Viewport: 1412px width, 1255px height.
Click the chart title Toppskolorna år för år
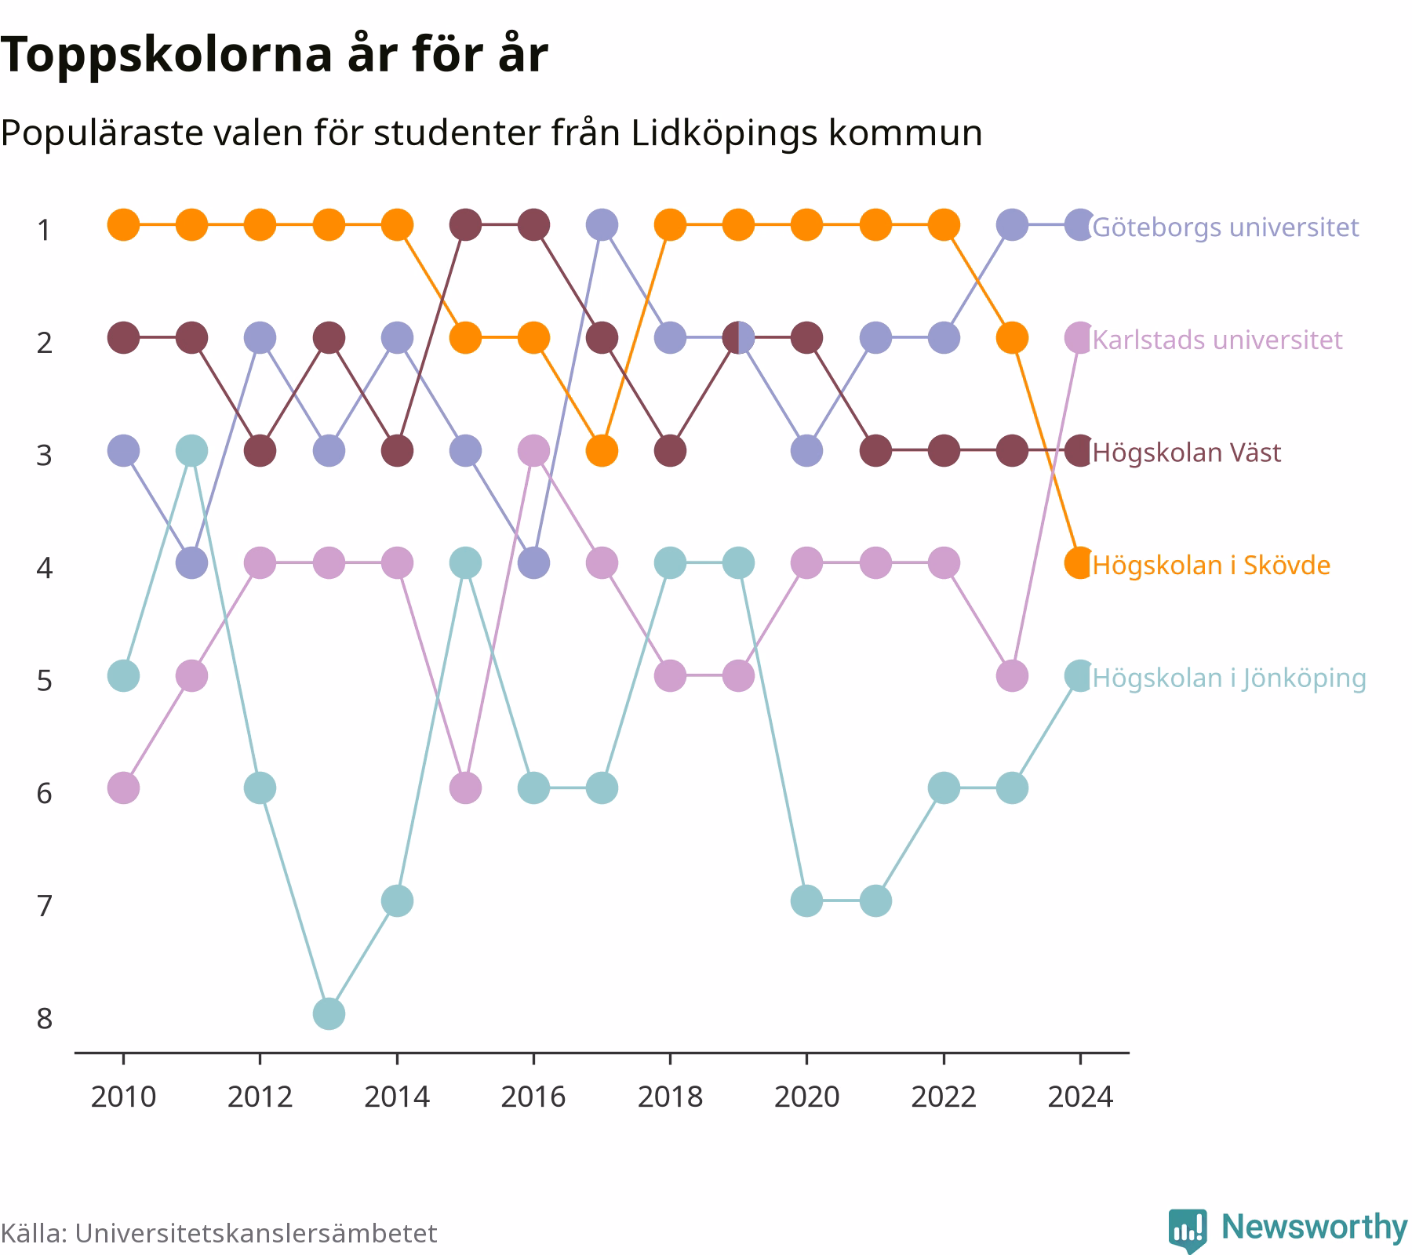(x=274, y=56)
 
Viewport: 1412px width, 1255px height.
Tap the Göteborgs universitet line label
(x=1225, y=227)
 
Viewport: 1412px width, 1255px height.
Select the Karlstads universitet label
(x=1217, y=340)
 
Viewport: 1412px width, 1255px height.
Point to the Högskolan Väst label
(x=1187, y=453)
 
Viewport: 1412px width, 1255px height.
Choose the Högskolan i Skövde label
(x=1211, y=565)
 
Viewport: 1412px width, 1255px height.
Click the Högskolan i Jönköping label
(x=1229, y=678)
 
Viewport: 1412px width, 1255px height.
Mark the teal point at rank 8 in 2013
(x=329, y=1013)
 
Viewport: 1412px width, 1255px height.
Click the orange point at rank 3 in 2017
(x=602, y=451)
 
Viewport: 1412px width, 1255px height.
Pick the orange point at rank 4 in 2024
(x=1080, y=563)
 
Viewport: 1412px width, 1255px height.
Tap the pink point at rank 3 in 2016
(x=533, y=451)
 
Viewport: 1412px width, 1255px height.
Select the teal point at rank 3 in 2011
(x=191, y=451)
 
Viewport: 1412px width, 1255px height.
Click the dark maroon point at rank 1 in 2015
(x=465, y=225)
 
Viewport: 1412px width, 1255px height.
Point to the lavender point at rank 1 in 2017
(x=602, y=225)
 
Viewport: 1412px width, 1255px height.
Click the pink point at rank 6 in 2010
(x=123, y=788)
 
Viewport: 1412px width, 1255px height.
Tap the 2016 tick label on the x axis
(x=533, y=1097)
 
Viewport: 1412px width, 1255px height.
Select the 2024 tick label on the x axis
(x=1080, y=1097)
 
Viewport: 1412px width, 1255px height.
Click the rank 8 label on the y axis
(x=45, y=1019)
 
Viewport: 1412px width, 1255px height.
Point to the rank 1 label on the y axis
(x=45, y=231)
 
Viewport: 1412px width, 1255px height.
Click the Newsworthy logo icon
(x=1188, y=1231)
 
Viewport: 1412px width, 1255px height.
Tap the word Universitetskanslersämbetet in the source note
(x=256, y=1234)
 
